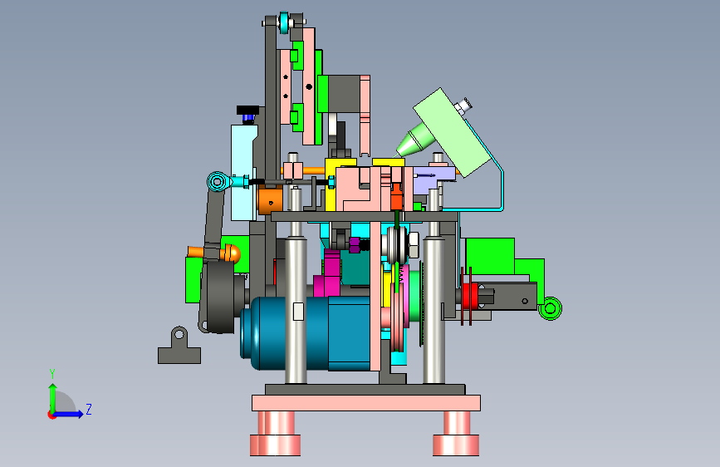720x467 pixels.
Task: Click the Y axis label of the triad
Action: click(x=52, y=374)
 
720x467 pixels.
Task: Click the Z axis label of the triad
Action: click(x=89, y=409)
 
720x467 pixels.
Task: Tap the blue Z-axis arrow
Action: click(x=69, y=414)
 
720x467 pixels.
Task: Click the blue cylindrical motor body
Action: click(x=306, y=332)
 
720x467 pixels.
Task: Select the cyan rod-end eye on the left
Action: click(x=218, y=181)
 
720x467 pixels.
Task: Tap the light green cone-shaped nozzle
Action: click(x=414, y=140)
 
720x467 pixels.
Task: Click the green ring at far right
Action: click(x=550, y=308)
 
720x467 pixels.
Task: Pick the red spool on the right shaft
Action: click(x=469, y=296)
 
